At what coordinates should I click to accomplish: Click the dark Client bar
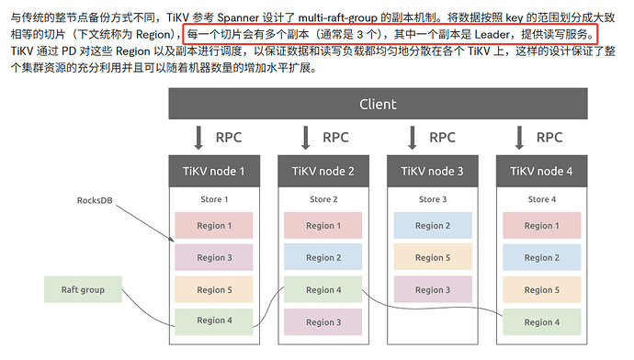coord(378,104)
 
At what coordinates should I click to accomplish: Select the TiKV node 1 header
coord(214,171)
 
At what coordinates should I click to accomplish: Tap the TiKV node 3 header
coord(432,171)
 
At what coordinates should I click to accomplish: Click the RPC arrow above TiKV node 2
coord(306,138)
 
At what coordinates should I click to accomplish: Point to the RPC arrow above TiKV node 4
coord(519,138)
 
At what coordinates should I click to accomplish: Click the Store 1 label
coord(214,199)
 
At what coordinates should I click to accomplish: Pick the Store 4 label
coord(542,199)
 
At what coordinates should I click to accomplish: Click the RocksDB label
coord(95,200)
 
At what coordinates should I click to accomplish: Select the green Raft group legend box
coord(83,289)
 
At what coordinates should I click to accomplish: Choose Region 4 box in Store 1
coord(214,321)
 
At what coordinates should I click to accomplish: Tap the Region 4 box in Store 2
coord(323,289)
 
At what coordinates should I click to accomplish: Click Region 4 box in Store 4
coord(542,322)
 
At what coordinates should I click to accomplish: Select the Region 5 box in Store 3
coord(433,257)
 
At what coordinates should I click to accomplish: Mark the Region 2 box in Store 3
coord(433,225)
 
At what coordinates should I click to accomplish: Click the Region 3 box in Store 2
coord(323,322)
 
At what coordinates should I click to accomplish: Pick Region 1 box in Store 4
coord(542,225)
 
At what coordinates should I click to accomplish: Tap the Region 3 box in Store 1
coord(214,257)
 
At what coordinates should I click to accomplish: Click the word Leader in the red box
coord(492,34)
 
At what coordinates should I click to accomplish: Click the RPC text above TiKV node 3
coord(442,138)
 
